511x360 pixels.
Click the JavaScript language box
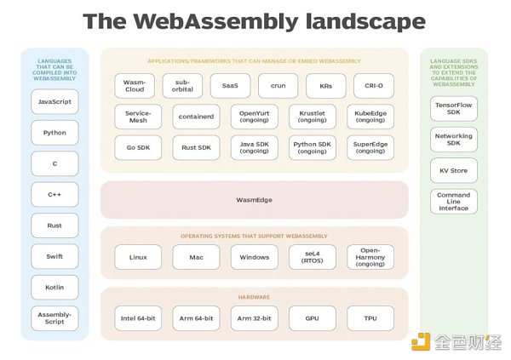(x=55, y=102)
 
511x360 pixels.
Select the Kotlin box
(x=55, y=287)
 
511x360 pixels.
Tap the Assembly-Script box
(x=55, y=318)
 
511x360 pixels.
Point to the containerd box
(x=196, y=117)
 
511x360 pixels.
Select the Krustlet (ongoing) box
(x=313, y=117)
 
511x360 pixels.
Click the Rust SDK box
(x=196, y=148)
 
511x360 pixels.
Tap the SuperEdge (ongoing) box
(x=370, y=148)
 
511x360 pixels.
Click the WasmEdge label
(x=254, y=200)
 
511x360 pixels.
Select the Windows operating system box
(x=254, y=257)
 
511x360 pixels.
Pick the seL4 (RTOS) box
(x=313, y=257)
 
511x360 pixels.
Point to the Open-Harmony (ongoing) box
(x=370, y=257)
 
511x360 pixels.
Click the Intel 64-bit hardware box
(x=138, y=318)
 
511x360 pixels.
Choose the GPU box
(x=313, y=318)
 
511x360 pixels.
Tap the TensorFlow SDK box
(x=454, y=108)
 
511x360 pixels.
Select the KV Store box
(x=454, y=170)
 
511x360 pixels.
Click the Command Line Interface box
(x=454, y=202)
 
